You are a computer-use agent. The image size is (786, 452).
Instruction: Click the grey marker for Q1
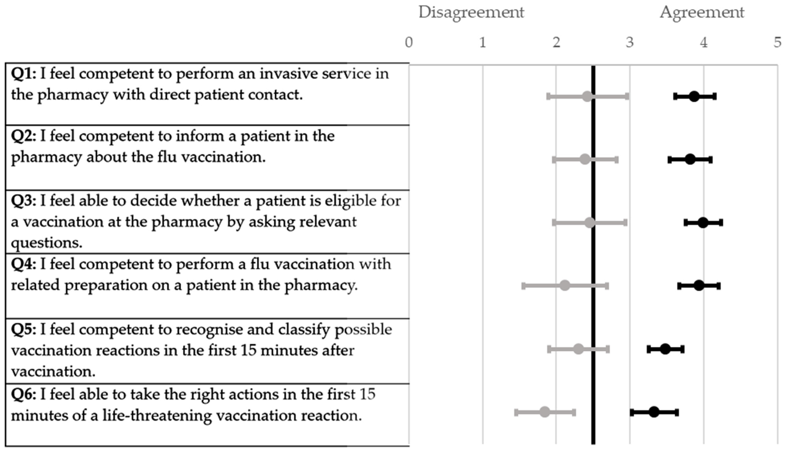(587, 97)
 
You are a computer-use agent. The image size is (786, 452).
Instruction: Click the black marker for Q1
(694, 97)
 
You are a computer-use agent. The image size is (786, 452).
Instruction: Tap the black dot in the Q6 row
(654, 412)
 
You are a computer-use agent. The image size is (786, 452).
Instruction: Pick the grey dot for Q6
(545, 412)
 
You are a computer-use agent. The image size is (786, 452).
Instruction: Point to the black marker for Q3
(703, 223)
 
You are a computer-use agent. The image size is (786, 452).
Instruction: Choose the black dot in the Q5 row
(665, 349)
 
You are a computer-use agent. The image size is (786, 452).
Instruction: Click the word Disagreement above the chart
(471, 12)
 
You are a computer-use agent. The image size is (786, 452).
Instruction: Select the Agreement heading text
(702, 12)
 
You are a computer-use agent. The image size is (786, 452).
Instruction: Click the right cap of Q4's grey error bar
(607, 286)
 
